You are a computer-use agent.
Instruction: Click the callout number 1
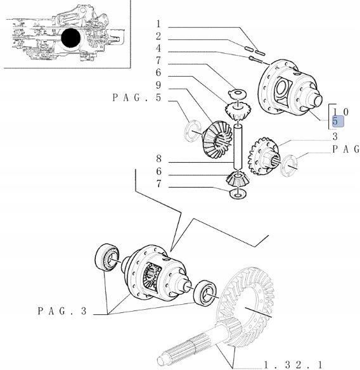(159, 25)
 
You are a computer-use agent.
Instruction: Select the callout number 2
(159, 36)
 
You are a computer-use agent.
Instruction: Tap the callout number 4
(159, 48)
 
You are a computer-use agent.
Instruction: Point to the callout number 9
(159, 86)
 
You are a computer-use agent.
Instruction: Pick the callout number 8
(159, 159)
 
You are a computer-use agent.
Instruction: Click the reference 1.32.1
(293, 364)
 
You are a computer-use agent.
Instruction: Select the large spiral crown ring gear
(249, 303)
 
